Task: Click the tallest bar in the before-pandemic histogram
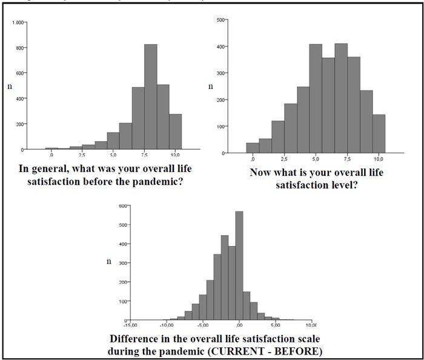point(151,97)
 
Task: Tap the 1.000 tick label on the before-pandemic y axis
point(18,22)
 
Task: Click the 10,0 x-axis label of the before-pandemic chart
point(175,156)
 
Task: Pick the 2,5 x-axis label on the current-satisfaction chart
point(284,159)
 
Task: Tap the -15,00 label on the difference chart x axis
point(130,325)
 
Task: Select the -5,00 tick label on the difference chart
point(204,325)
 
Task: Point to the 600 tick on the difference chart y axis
point(124,206)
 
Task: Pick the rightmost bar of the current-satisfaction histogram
point(379,134)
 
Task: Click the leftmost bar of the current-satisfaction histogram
point(253,148)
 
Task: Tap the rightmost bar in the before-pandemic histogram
point(175,132)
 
